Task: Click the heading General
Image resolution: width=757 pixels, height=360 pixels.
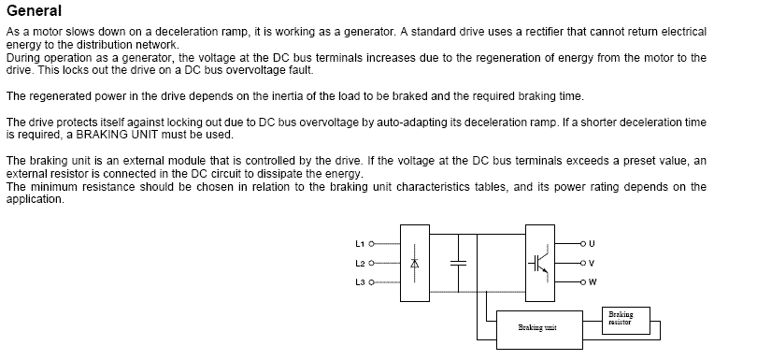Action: (x=35, y=10)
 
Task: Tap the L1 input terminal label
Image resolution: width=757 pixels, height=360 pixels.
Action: (x=360, y=244)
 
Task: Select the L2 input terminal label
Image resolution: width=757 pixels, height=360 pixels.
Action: (x=360, y=264)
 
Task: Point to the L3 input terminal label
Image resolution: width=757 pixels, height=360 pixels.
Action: (x=360, y=282)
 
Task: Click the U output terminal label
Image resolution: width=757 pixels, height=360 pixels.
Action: (x=593, y=243)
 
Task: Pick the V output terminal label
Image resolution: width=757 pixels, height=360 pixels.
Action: (x=593, y=264)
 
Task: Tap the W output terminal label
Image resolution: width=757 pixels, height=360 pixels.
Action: (x=593, y=282)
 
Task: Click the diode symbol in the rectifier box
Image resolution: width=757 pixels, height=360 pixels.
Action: (x=415, y=264)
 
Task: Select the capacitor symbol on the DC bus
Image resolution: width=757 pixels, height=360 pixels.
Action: (x=458, y=264)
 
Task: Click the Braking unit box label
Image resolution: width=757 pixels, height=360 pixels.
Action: (x=537, y=327)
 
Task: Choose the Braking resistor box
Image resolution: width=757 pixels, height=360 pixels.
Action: (x=626, y=321)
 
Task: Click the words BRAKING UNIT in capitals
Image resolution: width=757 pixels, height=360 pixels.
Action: (x=117, y=135)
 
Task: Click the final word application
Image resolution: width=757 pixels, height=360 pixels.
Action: (x=35, y=199)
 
